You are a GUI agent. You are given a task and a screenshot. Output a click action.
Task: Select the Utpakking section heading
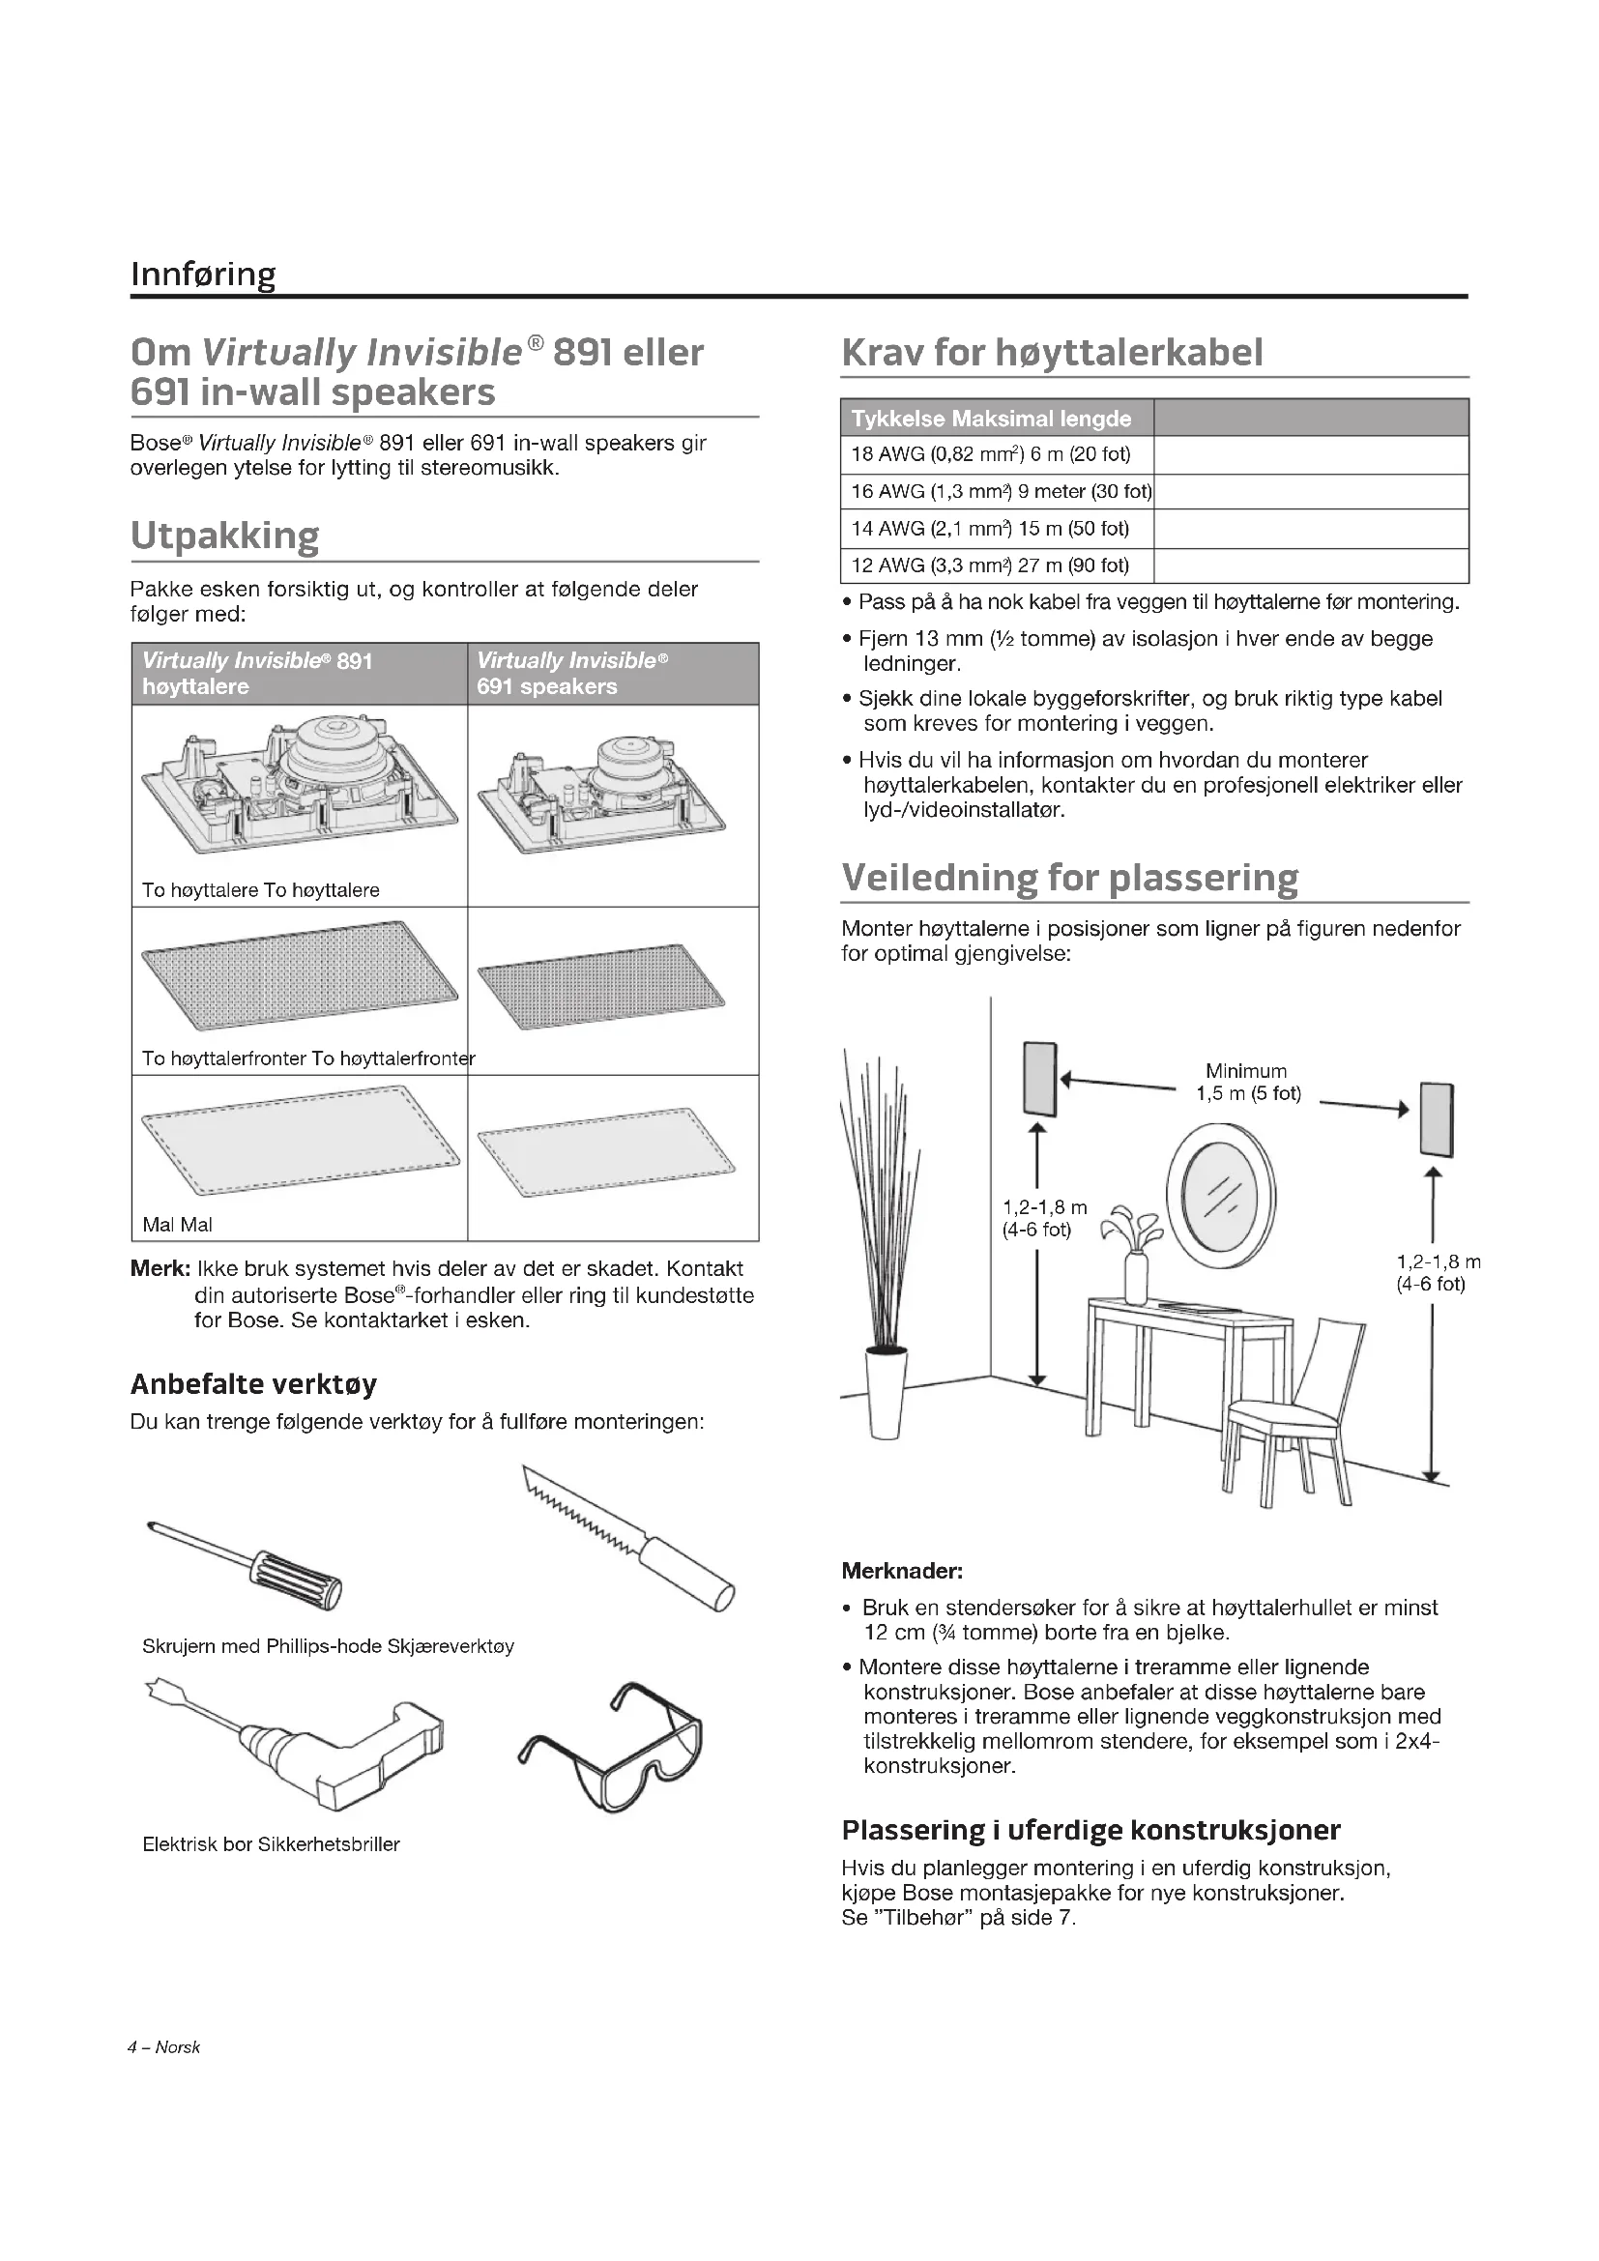click(x=224, y=536)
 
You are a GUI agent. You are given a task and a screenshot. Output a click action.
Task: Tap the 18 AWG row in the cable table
click(x=991, y=455)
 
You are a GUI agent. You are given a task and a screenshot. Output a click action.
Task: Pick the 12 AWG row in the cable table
click(x=990, y=565)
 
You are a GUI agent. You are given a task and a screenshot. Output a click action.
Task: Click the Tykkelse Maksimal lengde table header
click(x=992, y=419)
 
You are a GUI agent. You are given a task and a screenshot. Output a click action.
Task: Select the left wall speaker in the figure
click(x=1040, y=1079)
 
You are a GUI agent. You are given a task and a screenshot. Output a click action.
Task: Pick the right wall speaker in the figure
click(x=1437, y=1119)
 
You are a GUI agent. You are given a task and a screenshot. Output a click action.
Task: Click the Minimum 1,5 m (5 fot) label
click(x=1247, y=1083)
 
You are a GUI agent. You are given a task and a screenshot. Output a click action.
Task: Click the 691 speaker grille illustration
click(x=600, y=986)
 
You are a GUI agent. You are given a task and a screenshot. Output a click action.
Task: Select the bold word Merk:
click(x=160, y=1268)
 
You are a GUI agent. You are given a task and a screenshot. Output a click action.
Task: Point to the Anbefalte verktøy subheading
click(x=253, y=1384)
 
